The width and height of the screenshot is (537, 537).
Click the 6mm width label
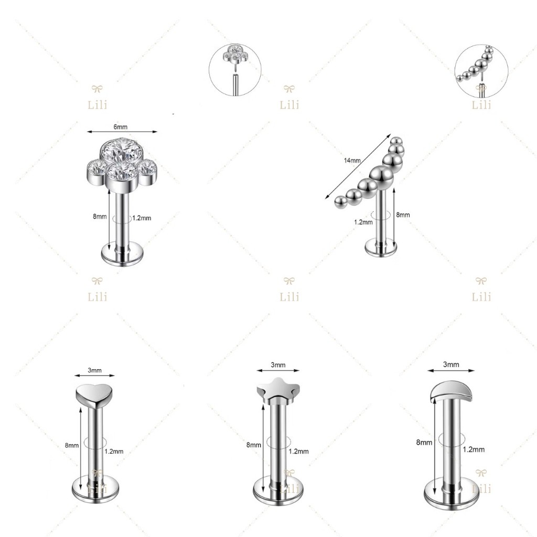[x=121, y=127]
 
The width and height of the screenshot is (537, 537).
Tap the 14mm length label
[x=352, y=160]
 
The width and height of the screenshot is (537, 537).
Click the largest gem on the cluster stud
[x=122, y=151]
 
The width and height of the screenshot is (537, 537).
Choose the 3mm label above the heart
[x=94, y=370]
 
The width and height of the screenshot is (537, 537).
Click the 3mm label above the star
[x=278, y=365]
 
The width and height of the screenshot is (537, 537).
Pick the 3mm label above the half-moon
[x=451, y=364]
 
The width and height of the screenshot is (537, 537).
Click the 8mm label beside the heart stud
[x=72, y=445]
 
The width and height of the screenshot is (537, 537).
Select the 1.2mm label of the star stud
[x=298, y=452]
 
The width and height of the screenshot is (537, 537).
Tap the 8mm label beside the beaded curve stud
[x=403, y=214]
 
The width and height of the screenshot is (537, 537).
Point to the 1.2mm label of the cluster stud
[x=142, y=218]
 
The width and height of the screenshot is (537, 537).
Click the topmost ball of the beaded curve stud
[x=396, y=141]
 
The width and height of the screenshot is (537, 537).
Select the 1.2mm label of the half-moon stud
[x=474, y=449]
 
